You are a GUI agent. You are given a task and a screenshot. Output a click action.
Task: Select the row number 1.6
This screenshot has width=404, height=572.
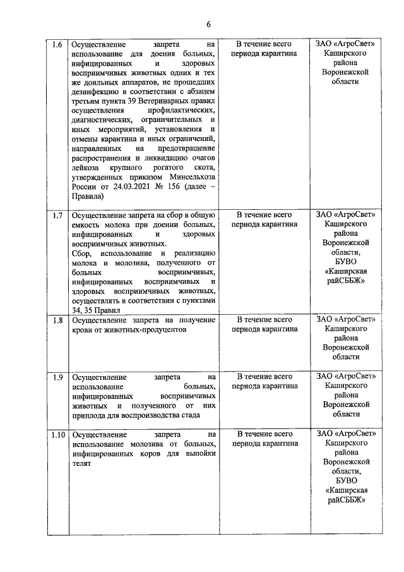point(57,46)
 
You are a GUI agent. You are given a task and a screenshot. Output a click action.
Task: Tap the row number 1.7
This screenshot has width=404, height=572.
point(57,216)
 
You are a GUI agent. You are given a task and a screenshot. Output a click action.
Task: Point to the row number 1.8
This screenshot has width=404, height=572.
point(57,320)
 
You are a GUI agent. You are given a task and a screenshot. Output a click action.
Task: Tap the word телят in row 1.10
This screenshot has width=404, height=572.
point(81,463)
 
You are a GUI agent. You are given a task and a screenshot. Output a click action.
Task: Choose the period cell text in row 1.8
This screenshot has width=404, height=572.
point(264,325)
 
